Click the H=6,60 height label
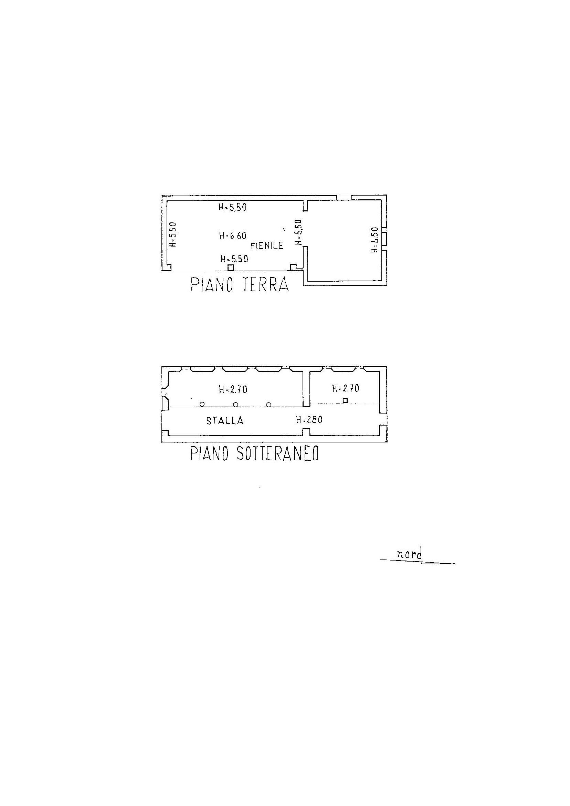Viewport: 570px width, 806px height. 232,235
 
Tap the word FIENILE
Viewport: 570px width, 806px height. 267,245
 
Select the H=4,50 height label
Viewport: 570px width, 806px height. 375,240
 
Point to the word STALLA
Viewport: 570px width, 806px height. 225,420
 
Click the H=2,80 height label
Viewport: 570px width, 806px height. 309,419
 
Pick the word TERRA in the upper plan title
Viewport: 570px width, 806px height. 266,285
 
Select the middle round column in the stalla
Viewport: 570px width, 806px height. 235,405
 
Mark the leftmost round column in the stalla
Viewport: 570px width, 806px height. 202,405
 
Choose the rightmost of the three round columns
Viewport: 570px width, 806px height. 268,405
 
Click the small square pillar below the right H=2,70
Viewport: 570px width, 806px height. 345,400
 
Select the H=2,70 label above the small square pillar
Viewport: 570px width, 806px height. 346,388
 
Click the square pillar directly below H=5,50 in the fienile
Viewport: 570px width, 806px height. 231,268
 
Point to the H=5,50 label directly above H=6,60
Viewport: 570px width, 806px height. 232,208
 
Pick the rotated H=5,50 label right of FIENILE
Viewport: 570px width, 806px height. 298,232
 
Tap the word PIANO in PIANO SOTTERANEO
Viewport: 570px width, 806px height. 210,454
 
